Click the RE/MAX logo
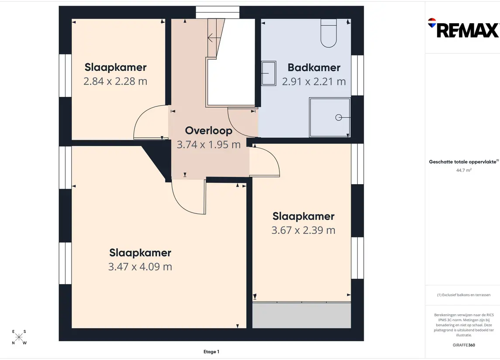coord(463,28)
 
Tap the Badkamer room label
coord(314,68)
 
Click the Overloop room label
coord(209,130)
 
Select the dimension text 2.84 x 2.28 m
coord(115,81)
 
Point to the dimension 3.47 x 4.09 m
coord(140,266)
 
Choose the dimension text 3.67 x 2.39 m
coord(303,230)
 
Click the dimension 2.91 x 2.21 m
coord(314,82)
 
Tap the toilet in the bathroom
coord(328,33)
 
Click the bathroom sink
coord(269,73)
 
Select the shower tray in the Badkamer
coord(330,117)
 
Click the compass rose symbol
coord(19,337)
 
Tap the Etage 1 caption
coord(211,352)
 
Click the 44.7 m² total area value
coord(464,170)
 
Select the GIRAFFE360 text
coord(464,345)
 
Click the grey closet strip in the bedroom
coord(302,315)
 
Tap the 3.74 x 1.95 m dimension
coord(209,144)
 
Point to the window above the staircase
coord(217,12)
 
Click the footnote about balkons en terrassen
coord(464,295)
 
